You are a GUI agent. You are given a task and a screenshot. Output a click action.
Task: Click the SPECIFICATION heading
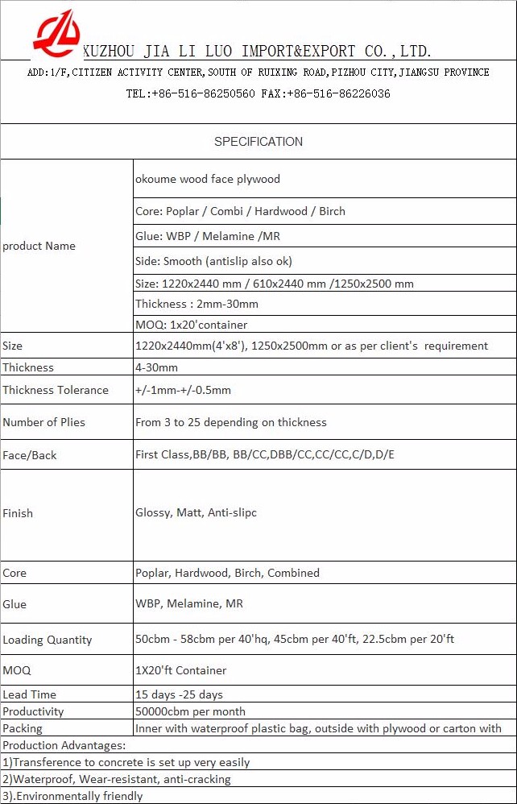pos(258,142)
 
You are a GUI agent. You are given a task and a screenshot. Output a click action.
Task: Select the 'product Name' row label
pos(39,246)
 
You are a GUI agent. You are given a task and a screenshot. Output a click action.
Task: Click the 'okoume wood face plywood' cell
pos(208,179)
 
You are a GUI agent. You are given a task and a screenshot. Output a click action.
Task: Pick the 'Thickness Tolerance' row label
pos(56,390)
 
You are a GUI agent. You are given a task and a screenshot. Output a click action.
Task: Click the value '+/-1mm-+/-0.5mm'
pos(183,390)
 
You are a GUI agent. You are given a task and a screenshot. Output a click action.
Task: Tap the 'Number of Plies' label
pos(43,422)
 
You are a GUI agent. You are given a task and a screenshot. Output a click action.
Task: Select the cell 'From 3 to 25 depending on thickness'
pos(231,422)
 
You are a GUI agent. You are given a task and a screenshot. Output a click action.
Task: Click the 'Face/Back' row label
pos(30,455)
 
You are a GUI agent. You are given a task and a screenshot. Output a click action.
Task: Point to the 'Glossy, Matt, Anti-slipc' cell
pos(196,512)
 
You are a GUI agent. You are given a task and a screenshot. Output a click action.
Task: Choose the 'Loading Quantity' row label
pos(48,640)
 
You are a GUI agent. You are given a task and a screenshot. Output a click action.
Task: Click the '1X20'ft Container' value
pos(181,670)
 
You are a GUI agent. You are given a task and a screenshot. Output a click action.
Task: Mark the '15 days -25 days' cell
pos(179,694)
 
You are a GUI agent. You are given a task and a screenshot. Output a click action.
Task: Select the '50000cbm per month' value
pos(190,711)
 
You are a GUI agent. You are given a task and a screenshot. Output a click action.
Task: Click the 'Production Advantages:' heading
pos(64,745)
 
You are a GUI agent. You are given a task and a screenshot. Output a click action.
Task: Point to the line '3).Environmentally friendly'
pos(72,796)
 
